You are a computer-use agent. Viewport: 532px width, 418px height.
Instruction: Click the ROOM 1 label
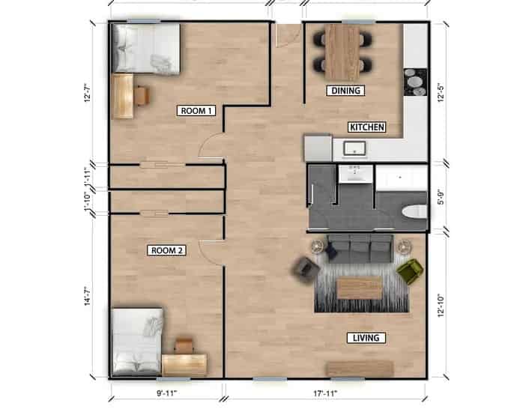(x=197, y=111)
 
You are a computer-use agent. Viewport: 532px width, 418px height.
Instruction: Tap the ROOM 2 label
(x=166, y=250)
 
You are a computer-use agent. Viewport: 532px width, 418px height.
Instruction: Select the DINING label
(x=345, y=91)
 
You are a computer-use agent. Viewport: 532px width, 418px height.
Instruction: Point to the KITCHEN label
(x=366, y=127)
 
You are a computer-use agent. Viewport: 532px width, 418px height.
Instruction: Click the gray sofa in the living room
(x=359, y=248)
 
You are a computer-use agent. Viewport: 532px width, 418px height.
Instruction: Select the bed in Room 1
(x=145, y=48)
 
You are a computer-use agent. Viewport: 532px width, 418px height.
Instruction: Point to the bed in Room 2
(x=136, y=342)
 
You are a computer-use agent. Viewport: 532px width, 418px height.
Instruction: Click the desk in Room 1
(x=124, y=95)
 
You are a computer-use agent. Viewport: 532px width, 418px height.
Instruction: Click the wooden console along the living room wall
(x=360, y=369)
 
